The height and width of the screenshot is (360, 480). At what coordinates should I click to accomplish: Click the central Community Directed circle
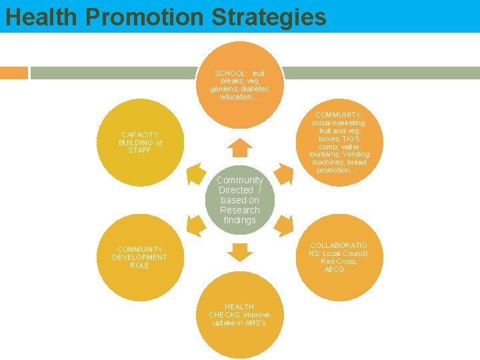click(x=239, y=200)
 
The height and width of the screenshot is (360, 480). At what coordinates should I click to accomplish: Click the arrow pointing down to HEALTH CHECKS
click(x=239, y=252)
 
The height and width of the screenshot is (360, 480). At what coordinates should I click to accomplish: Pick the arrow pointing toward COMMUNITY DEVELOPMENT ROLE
click(x=195, y=226)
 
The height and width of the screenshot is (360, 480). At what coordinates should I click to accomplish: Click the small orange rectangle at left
click(x=14, y=73)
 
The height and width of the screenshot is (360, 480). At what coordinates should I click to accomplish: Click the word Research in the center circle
click(x=239, y=210)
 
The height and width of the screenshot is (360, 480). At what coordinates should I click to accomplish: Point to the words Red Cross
click(x=339, y=261)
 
